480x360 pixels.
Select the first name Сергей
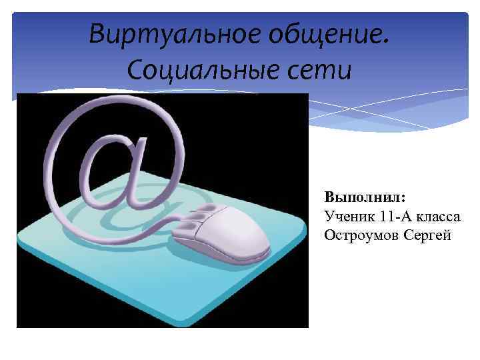[427, 235]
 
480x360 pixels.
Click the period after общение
[383, 41]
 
